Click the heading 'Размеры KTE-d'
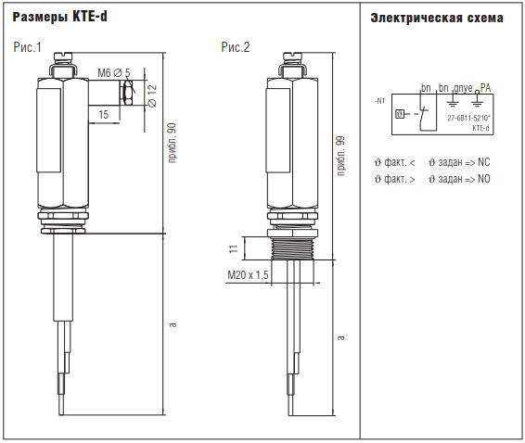[x=60, y=17]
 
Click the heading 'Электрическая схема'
[x=437, y=18]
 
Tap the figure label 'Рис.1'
[x=28, y=47]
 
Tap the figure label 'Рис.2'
[x=236, y=47]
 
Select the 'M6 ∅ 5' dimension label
[x=114, y=72]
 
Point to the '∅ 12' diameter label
[x=152, y=96]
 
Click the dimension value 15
[x=104, y=115]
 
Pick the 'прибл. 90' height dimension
[x=172, y=143]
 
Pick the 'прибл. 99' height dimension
[x=340, y=156]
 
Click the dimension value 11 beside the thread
[x=234, y=248]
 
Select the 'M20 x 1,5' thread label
[x=248, y=275]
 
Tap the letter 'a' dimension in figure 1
[x=173, y=324]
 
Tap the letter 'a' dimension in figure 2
[x=340, y=337]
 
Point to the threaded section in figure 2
[x=292, y=248]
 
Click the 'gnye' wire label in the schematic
[x=463, y=88]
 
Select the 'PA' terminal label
[x=485, y=88]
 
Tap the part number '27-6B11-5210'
[x=468, y=118]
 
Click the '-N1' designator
[x=380, y=101]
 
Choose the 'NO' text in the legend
[x=484, y=179]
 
